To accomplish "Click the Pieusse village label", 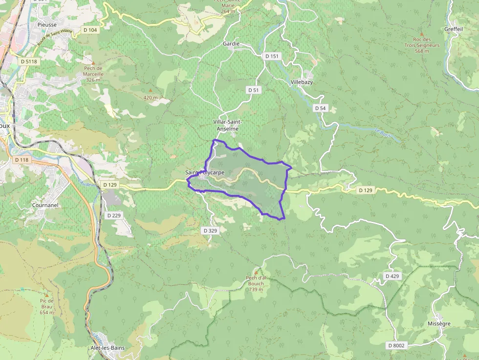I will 47,24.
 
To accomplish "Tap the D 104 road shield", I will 90,30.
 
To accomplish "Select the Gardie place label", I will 231,43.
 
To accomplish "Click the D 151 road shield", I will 272,56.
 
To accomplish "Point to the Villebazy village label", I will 301,82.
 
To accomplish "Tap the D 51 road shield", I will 253,90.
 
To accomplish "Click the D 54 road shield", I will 320,108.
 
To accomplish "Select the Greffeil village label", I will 454,29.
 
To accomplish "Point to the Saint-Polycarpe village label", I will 205,172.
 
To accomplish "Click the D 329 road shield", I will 209,231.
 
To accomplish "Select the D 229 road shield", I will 113,215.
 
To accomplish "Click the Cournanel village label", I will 45,205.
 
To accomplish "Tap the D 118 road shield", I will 22,160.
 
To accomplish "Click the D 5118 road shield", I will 29,62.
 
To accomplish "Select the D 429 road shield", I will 392,276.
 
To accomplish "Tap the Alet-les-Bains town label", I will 108,348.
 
